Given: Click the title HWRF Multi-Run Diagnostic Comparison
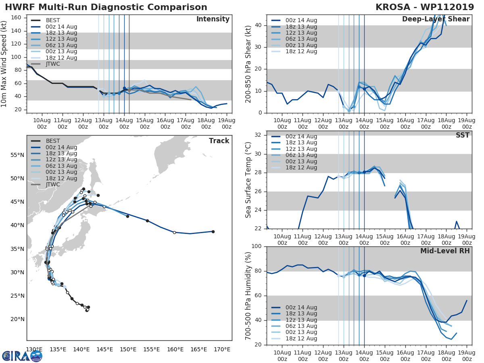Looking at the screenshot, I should [106, 7].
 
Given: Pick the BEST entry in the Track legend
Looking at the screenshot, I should [53, 141].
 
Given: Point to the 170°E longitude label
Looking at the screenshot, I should [222, 349].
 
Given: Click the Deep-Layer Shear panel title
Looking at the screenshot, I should [436, 19].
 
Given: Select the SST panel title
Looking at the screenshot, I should [462, 135].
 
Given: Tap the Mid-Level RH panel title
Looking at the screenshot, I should [445, 251].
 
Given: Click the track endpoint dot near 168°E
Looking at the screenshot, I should [213, 232].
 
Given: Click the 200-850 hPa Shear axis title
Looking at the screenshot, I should [248, 64].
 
